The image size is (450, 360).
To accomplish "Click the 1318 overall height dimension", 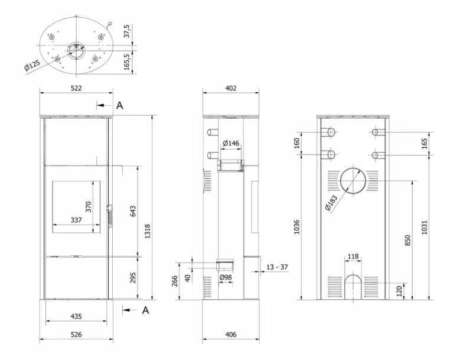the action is (x=148, y=231).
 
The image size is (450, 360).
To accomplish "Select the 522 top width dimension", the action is (x=76, y=88).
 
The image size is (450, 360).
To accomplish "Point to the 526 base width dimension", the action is (x=76, y=335).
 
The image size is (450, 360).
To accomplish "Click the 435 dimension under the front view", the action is (x=76, y=316).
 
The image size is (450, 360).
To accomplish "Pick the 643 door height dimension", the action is (x=133, y=211).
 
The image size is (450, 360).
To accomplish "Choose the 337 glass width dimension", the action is (x=76, y=220).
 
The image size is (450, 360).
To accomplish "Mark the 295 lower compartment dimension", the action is (x=133, y=278).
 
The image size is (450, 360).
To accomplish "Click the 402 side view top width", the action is (x=231, y=88).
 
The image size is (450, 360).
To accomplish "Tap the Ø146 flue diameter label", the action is (x=231, y=143).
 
